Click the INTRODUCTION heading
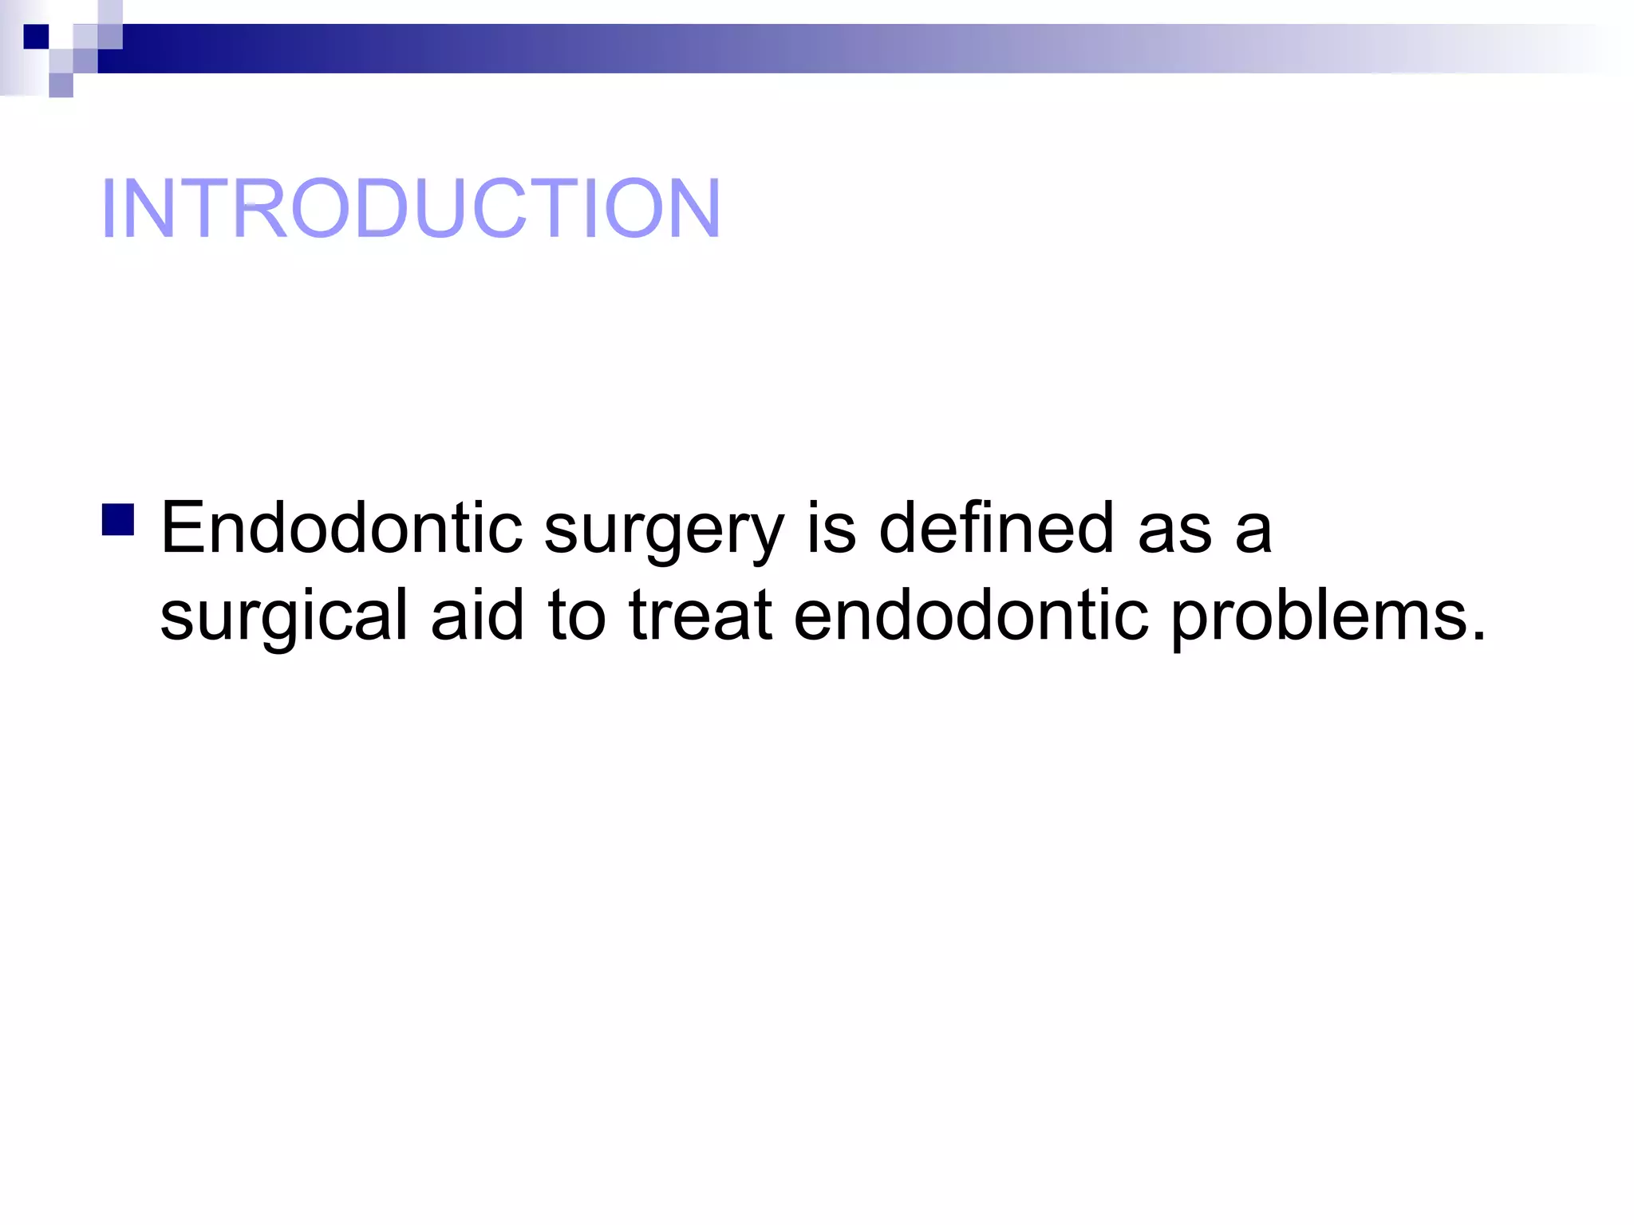tap(410, 208)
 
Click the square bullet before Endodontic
tap(118, 519)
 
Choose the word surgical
tap(284, 616)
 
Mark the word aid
tap(477, 614)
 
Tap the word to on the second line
tap(576, 616)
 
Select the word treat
tap(701, 616)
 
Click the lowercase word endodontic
tap(970, 614)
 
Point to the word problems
tap(1318, 616)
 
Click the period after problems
tap(1479, 636)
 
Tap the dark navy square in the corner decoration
tap(36, 37)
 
